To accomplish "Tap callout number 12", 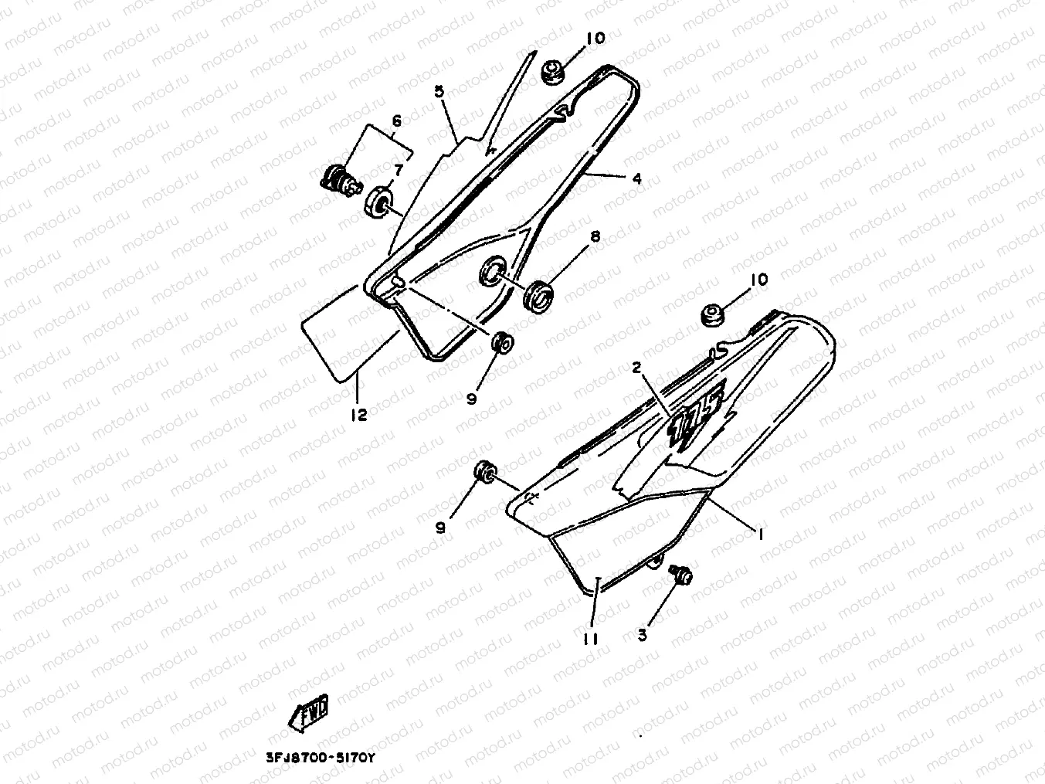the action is [358, 415].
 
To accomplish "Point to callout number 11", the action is [591, 638].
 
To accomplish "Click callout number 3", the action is [643, 634].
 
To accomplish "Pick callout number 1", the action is [760, 534].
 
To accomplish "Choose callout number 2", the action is [637, 368].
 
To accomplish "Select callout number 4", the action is [636, 178].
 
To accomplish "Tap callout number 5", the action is [439, 91].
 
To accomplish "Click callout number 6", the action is [397, 120].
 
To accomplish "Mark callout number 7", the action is [399, 168].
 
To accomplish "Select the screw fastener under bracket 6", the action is [340, 181].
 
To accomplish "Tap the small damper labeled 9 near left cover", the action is [503, 342].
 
